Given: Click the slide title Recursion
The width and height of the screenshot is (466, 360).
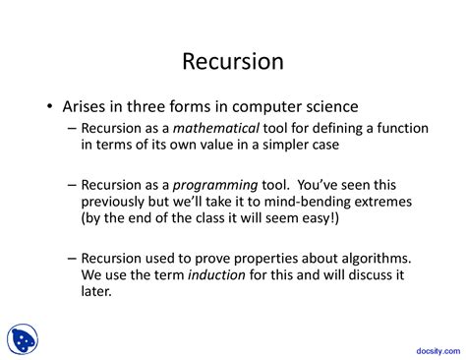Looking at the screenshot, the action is [x=233, y=61].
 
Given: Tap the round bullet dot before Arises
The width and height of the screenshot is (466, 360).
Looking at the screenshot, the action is [x=49, y=106].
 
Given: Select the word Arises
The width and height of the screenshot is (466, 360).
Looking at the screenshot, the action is [x=84, y=106].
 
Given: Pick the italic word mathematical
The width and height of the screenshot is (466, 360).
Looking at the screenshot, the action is [x=216, y=128].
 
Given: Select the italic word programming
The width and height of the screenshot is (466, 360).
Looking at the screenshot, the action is [x=215, y=186].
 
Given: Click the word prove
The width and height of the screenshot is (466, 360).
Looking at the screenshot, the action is [x=212, y=260].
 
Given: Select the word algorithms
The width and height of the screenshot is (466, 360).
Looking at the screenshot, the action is [x=377, y=259].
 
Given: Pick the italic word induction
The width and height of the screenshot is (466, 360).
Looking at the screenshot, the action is [x=216, y=274].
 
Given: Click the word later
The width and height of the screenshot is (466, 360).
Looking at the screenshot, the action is [x=96, y=291].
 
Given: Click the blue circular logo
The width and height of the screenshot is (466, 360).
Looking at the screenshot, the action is [x=23, y=339].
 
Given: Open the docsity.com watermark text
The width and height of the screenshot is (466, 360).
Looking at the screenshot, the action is [x=438, y=351].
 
